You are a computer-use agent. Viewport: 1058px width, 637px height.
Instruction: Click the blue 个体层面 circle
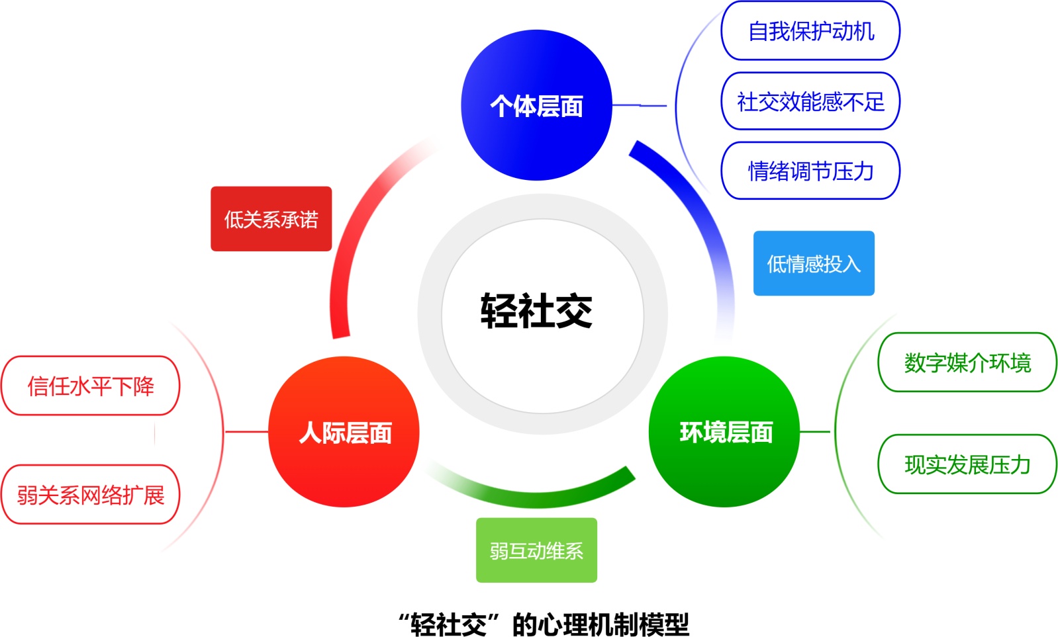pyautogui.click(x=536, y=105)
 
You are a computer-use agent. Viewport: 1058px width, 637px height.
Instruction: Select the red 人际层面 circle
pyautogui.click(x=344, y=432)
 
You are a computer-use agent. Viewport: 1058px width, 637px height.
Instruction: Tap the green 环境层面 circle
pyautogui.click(x=725, y=432)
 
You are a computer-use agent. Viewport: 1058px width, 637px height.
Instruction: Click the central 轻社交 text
pyautogui.click(x=536, y=311)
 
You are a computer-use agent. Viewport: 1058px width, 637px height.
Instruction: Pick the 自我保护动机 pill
pyautogui.click(x=810, y=31)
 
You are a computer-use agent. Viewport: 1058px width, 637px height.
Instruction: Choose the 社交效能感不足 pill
pyautogui.click(x=810, y=101)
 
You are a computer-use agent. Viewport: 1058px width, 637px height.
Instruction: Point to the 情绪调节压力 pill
pyautogui.click(x=810, y=171)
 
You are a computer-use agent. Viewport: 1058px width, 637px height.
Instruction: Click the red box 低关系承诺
pyautogui.click(x=271, y=219)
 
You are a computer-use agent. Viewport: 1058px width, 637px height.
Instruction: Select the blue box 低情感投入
pyautogui.click(x=814, y=263)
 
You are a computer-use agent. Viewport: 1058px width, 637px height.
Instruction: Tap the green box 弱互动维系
pyautogui.click(x=536, y=550)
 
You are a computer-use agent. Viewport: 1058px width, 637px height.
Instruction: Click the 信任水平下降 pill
pyautogui.click(x=91, y=386)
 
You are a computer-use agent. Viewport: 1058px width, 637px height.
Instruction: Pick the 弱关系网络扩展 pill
pyautogui.click(x=91, y=495)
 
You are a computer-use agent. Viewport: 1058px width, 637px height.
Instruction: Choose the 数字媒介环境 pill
pyautogui.click(x=967, y=362)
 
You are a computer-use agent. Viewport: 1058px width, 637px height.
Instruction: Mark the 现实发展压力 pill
pyautogui.click(x=967, y=464)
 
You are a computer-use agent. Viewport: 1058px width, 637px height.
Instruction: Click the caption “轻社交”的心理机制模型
pyautogui.click(x=543, y=624)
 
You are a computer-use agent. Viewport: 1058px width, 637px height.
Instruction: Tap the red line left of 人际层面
pyautogui.click(x=246, y=432)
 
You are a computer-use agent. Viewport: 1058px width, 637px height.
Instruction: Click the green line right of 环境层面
pyautogui.click(x=815, y=432)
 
